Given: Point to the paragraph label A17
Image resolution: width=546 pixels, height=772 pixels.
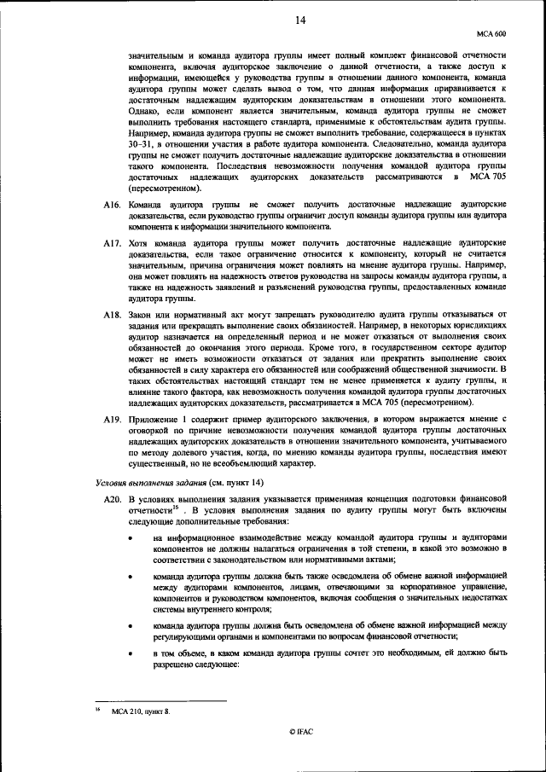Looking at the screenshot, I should click(x=110, y=243).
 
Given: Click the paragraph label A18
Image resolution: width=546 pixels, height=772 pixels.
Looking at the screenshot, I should click(x=110, y=315).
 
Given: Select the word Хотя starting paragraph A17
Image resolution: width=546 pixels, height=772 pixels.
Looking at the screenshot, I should click(x=140, y=243).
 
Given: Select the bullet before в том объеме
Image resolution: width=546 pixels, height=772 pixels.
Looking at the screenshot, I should click(x=131, y=653).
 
